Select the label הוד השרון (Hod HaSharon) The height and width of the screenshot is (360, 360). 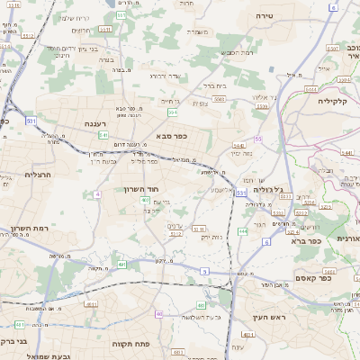[x=142, y=190]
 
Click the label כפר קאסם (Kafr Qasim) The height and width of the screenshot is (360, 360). [x=337, y=278]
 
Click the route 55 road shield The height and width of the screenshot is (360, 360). [x=258, y=139]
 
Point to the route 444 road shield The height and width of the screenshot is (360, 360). [x=243, y=232]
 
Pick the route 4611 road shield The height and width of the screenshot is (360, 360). [x=18, y=324]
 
